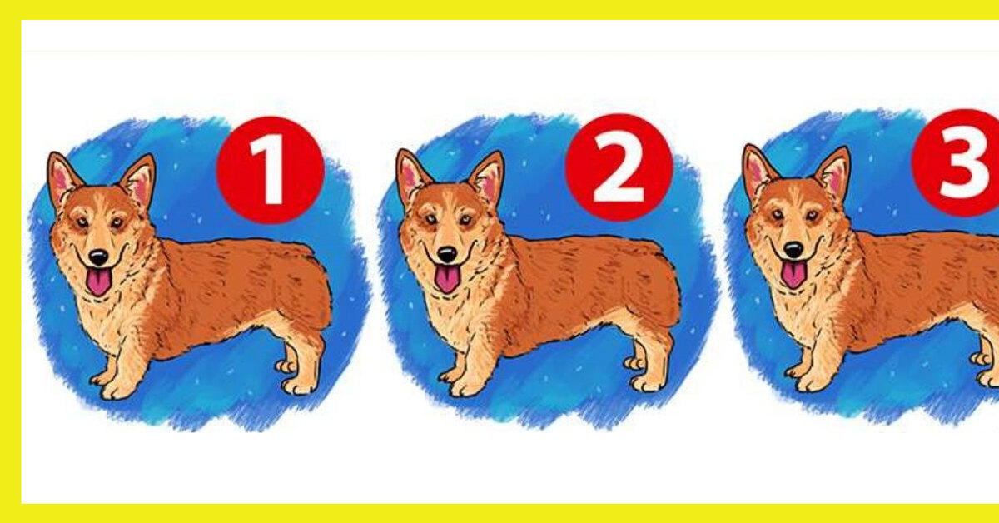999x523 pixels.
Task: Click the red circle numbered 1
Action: [271, 170]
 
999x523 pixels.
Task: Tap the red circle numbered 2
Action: [619, 167]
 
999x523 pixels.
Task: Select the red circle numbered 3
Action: [956, 163]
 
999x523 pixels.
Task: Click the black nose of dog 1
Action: [98, 257]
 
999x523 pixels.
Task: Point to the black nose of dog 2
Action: [446, 254]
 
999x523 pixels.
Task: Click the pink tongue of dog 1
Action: [98, 281]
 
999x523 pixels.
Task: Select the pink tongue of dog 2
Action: [447, 279]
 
